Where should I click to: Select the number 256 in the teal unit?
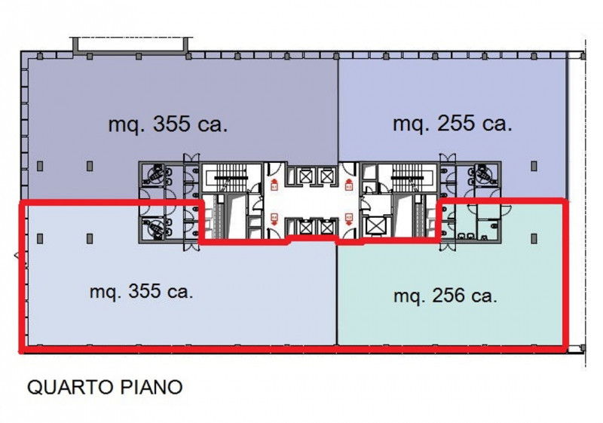(x=448, y=296)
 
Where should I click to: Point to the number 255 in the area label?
(x=456, y=124)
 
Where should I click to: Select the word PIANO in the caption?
(x=152, y=387)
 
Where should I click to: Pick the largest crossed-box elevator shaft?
(x=375, y=225)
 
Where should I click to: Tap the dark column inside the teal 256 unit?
(x=534, y=239)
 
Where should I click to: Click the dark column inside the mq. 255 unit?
(x=534, y=166)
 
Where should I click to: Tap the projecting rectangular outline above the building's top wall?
(x=130, y=44)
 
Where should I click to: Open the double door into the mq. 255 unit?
(x=448, y=158)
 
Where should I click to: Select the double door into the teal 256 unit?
(x=448, y=247)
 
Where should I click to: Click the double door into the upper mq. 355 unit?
(x=191, y=158)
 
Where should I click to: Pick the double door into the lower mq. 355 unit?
(x=191, y=247)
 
